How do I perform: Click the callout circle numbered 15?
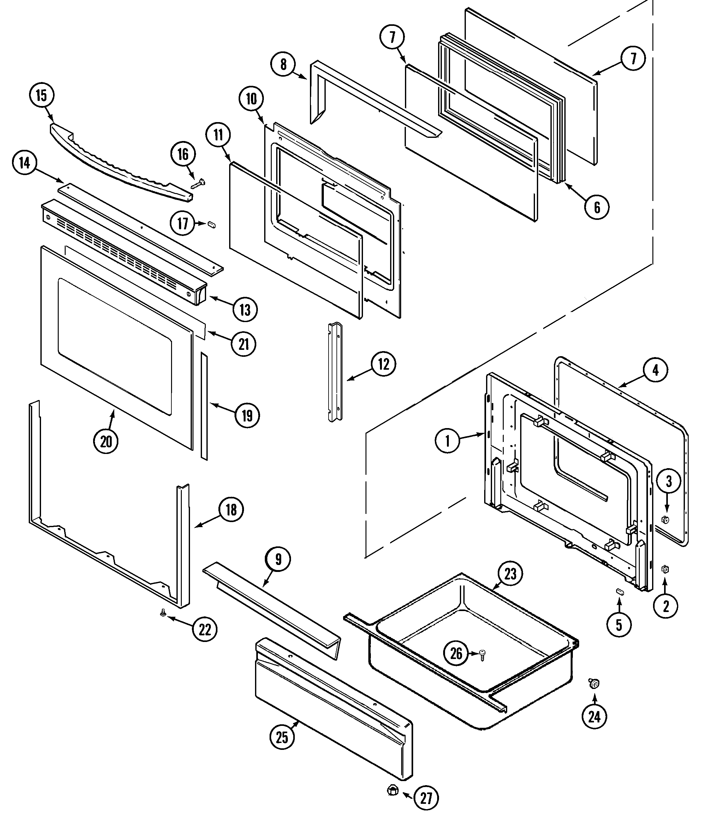(41, 96)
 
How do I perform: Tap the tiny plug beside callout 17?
(212, 224)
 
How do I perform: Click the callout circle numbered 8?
(283, 64)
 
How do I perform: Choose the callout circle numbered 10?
(252, 99)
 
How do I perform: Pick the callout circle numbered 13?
(245, 309)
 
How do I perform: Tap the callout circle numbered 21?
(244, 344)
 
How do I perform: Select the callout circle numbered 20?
(106, 441)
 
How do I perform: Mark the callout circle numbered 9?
(278, 559)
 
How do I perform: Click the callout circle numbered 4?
(655, 370)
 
